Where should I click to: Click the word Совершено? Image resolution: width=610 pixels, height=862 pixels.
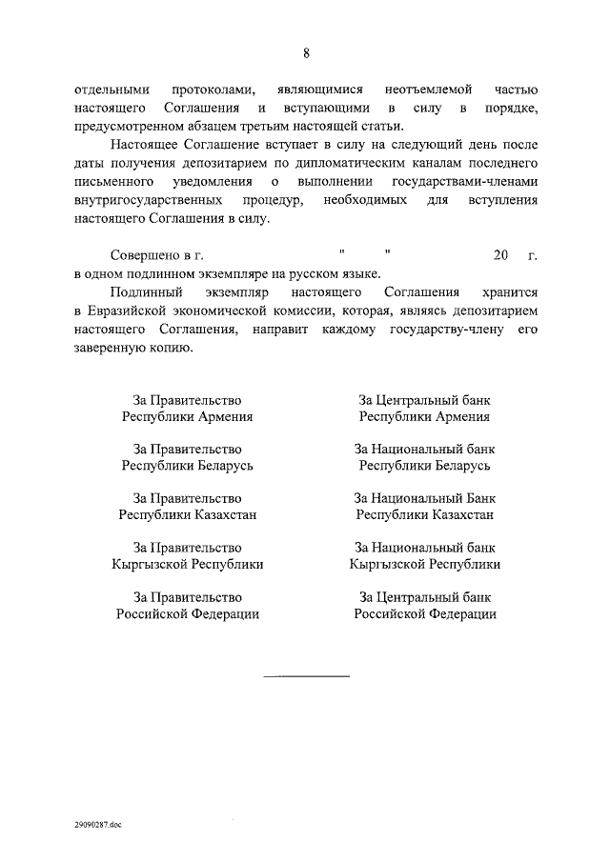pos(143,255)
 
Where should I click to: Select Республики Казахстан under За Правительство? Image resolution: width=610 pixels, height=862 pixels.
pos(188,514)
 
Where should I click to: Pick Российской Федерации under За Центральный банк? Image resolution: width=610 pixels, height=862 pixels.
pos(425,614)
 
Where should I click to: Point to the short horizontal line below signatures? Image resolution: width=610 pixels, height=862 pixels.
pos(306,676)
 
